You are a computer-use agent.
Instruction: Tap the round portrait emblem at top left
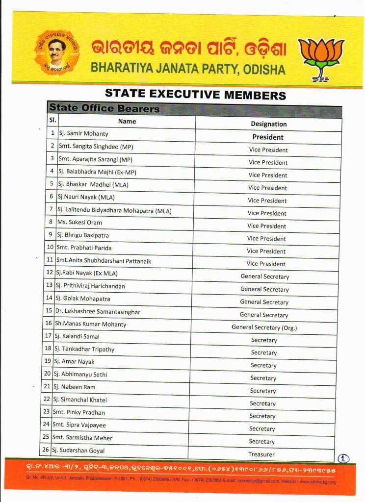tap(56, 52)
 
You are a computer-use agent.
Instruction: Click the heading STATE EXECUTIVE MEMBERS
tap(195, 94)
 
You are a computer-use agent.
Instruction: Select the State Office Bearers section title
tap(104, 108)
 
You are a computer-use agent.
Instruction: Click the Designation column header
tap(268, 124)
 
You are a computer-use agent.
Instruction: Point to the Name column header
tap(127, 121)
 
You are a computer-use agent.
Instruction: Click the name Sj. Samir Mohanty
tap(83, 133)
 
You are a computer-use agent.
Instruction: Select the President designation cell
tap(268, 137)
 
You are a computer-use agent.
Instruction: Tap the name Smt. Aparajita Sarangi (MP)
tap(96, 159)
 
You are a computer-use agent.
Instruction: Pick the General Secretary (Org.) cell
tap(264, 327)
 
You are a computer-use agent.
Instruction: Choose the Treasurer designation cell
tap(261, 454)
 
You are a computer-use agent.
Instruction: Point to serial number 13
tap(49, 285)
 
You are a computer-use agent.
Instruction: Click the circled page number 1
tap(343, 458)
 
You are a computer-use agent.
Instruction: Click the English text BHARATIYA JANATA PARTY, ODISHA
tap(187, 69)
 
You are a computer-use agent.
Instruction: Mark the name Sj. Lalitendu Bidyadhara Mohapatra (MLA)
tap(114, 210)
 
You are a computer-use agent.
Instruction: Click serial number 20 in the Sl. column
tap(48, 374)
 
